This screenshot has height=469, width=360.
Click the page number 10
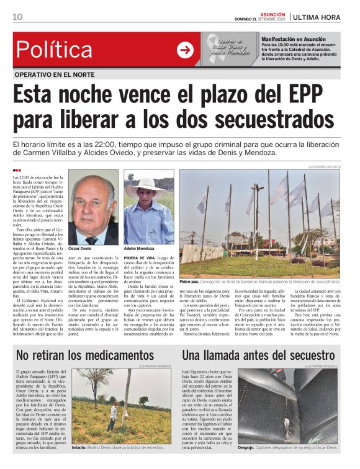(x=17, y=17)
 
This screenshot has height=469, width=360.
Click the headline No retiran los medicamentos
(x=85, y=354)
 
